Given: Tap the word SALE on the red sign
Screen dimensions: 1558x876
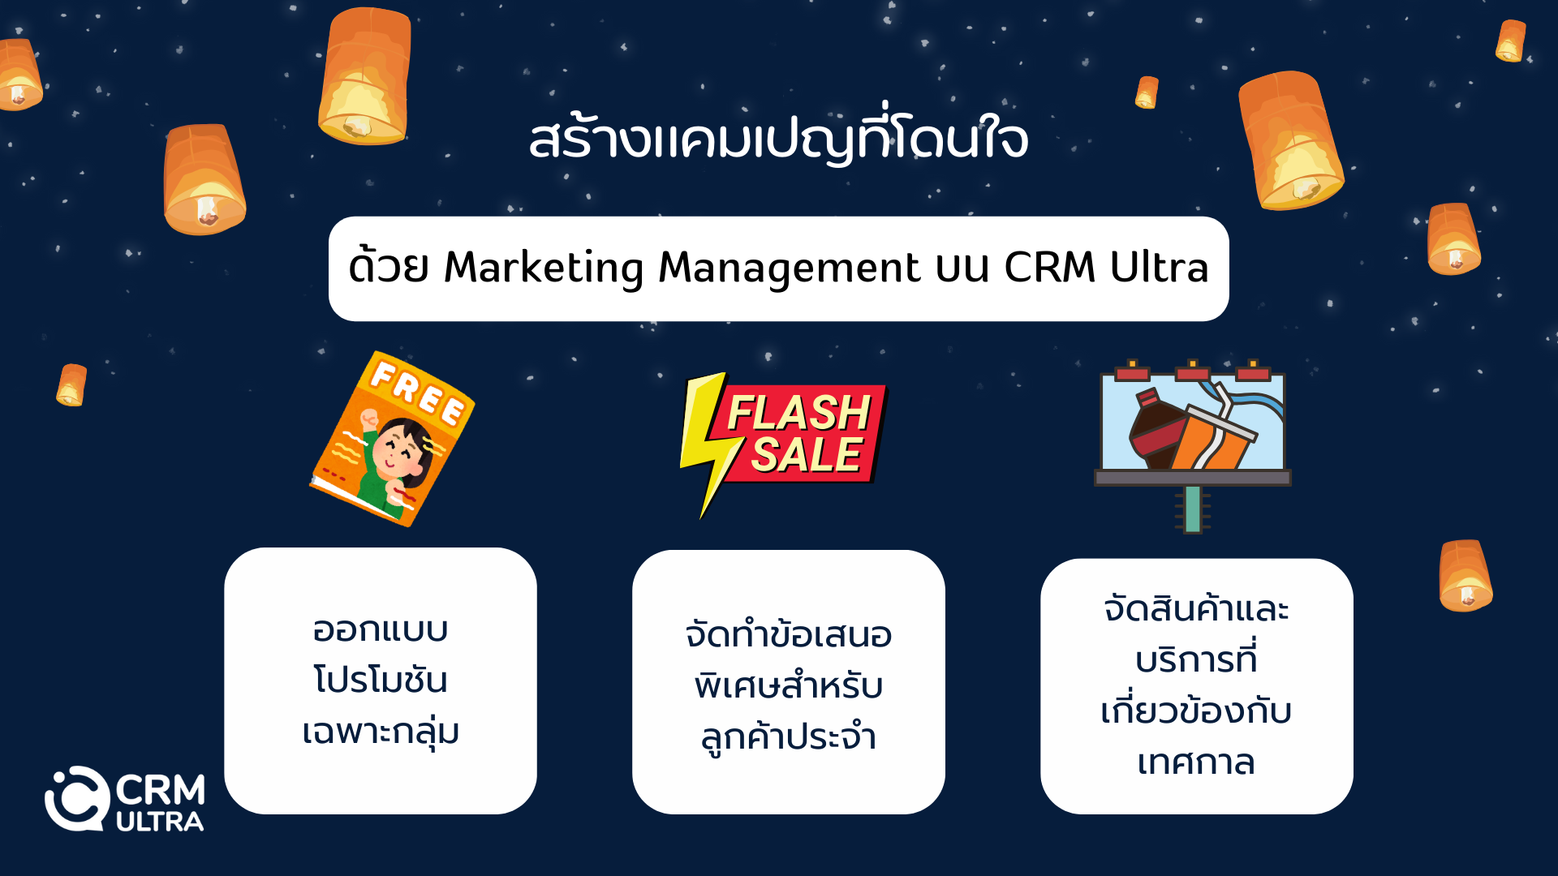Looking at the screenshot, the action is pyautogui.click(x=806, y=454).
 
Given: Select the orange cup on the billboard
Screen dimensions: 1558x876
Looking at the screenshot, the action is pyautogui.click(x=1213, y=438).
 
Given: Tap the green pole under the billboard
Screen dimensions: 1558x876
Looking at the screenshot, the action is pyautogui.click(x=1192, y=509).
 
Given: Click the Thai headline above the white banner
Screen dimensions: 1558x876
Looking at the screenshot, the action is pyautogui.click(x=778, y=137).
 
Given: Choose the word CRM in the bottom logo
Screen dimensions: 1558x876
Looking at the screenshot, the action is pyautogui.click(x=161, y=789).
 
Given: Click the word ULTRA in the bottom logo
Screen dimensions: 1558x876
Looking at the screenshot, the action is pyautogui.click(x=160, y=822).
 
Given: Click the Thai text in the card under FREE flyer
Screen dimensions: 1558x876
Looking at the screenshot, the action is pyautogui.click(x=381, y=681).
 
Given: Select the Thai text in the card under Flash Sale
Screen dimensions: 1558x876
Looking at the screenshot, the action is pyautogui.click(x=789, y=685).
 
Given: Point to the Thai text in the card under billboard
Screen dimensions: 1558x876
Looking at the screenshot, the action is pyautogui.click(x=1196, y=685).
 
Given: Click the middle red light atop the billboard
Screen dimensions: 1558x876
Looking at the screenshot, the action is pyautogui.click(x=1193, y=371).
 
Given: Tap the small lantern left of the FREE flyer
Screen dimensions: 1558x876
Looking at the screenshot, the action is pyautogui.click(x=71, y=384).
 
